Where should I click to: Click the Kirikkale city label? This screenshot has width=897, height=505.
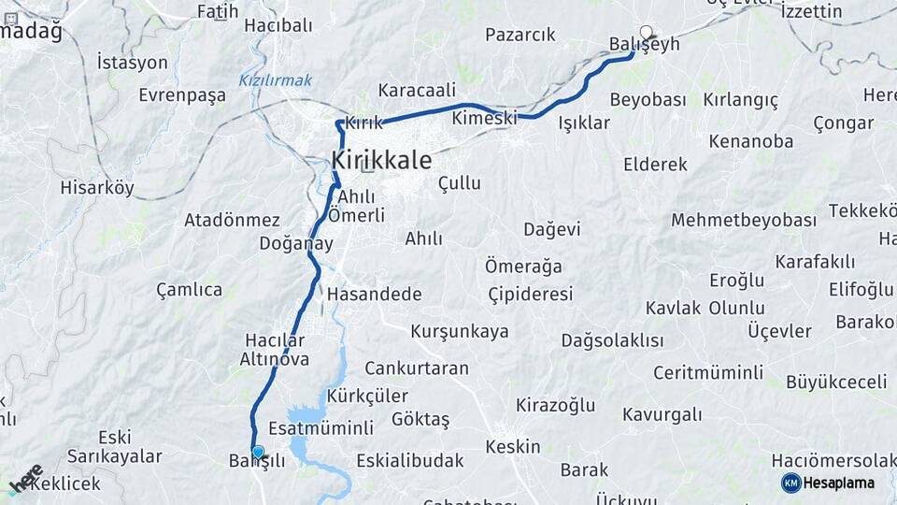[x=381, y=161]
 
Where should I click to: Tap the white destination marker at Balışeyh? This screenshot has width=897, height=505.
[x=645, y=32]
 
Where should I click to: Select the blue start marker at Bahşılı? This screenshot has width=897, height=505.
[x=258, y=452]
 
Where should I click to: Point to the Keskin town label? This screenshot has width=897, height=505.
[x=514, y=446]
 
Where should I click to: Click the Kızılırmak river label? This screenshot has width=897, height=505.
[x=275, y=80]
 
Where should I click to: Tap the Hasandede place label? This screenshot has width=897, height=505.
[x=375, y=294]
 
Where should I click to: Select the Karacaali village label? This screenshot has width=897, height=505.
[x=417, y=91]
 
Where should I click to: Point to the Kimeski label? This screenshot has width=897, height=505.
[x=484, y=119]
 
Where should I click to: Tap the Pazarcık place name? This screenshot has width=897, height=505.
[x=520, y=35]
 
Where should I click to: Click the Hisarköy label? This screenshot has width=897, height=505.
[x=97, y=187]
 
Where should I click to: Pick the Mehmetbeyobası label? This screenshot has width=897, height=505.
[x=744, y=221]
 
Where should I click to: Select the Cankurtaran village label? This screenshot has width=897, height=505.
[x=417, y=368]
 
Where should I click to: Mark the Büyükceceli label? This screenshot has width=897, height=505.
[x=836, y=382]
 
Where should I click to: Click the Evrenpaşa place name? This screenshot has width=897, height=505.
[x=182, y=95]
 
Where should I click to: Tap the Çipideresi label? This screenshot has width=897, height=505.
[x=531, y=294]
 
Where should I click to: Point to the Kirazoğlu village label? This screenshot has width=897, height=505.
[x=556, y=405]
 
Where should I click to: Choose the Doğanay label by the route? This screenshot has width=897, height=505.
[x=297, y=243]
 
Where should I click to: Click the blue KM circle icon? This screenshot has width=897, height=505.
[x=791, y=483]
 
